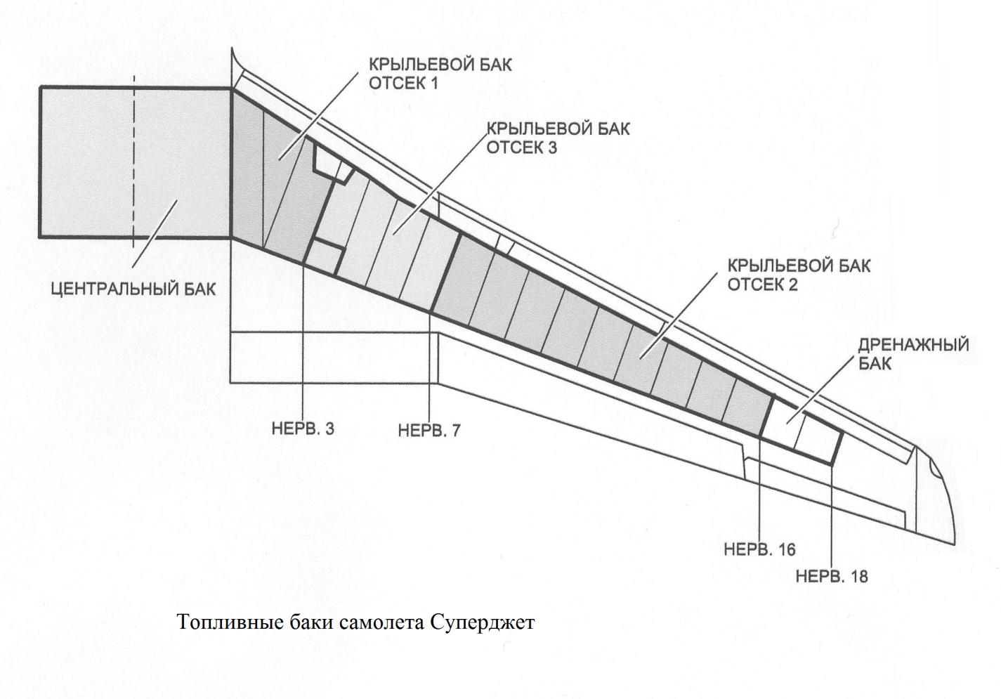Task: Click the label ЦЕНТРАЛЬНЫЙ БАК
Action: (x=133, y=289)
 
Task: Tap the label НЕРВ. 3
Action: (x=303, y=429)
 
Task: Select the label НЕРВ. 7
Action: (x=429, y=431)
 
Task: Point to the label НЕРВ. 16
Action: (x=759, y=550)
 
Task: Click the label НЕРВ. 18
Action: (x=832, y=577)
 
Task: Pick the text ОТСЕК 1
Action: (x=403, y=84)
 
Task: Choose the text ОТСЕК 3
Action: (x=521, y=148)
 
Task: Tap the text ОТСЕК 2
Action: (x=763, y=285)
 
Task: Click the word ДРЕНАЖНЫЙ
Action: (x=914, y=345)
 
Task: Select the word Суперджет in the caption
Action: (x=483, y=623)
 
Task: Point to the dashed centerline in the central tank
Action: (x=133, y=162)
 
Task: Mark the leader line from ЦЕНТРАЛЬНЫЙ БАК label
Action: (x=155, y=233)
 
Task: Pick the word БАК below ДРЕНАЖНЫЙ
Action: (x=875, y=363)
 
